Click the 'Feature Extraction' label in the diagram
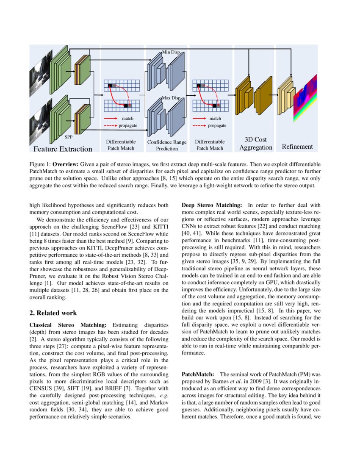coord(63,149)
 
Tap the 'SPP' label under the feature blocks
coord(69,137)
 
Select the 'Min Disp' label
coord(171,52)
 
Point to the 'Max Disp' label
coord(171,98)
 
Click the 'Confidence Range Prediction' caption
coord(167,145)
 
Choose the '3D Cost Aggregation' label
coord(256,144)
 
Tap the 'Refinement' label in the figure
coord(297,147)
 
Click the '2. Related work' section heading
coord(53,313)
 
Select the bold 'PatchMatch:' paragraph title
coord(198,374)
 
